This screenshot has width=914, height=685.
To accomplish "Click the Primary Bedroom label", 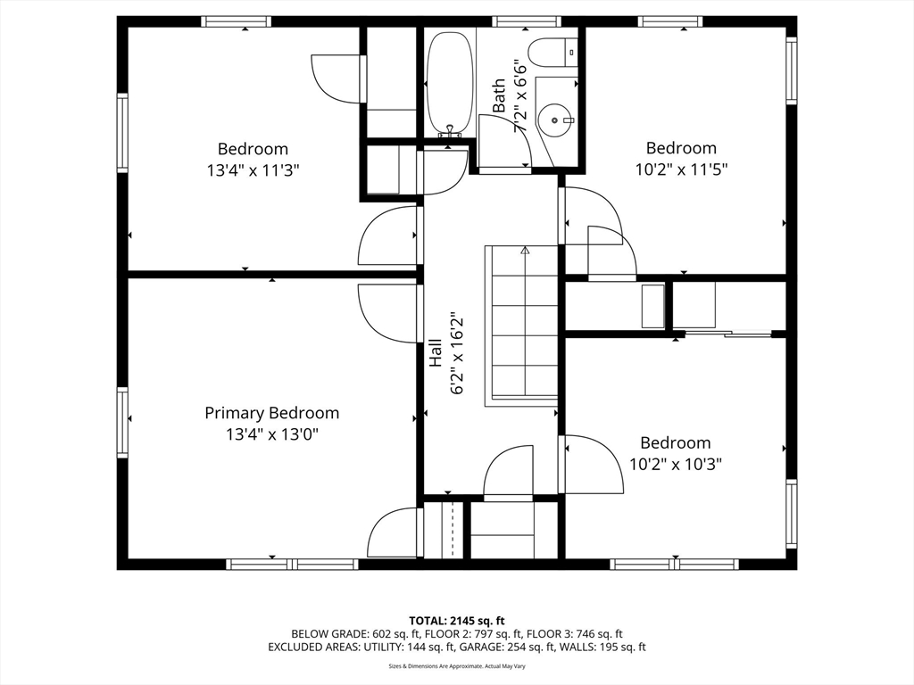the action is pos(271,413).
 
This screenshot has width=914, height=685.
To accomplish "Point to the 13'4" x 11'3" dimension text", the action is pos(253,170).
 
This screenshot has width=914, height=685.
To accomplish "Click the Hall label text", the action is pos(436,353).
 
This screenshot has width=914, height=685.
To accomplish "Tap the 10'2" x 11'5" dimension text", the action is pos(681,169).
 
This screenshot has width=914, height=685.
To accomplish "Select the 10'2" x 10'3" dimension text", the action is pos(676,464).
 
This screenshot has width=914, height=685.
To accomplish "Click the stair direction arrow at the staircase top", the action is pos(525,251).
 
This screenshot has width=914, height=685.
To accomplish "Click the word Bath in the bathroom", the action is pos(499,96).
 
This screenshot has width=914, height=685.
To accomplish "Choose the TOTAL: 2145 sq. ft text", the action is pos(456,621).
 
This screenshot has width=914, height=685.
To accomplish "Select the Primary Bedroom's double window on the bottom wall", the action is pos(292,564).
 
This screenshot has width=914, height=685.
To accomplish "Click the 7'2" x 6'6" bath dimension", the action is pos(520,96).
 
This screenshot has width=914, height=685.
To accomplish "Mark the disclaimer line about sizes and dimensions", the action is pos(457,666).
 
